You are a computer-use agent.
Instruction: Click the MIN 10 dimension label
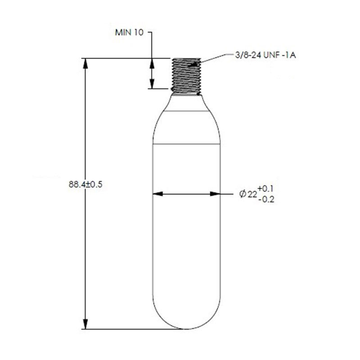130,33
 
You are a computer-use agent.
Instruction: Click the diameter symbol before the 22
243,194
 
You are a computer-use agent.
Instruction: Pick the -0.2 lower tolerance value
266,200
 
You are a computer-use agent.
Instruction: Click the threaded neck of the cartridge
186,75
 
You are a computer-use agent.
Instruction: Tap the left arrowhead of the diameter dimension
157,194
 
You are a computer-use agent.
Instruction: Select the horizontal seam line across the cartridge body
186,144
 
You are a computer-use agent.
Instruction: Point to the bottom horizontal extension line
130,329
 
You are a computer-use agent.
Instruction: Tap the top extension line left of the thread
117,58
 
